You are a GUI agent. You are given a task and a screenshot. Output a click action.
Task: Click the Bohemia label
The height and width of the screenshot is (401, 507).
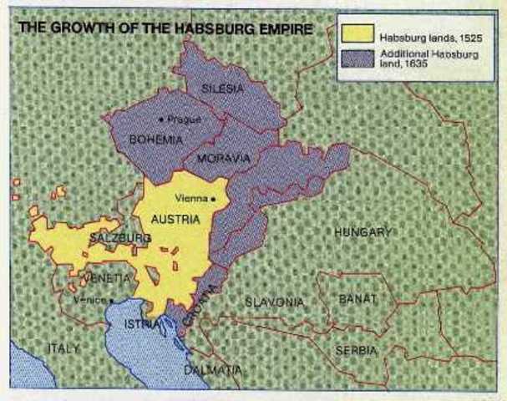click(155, 140)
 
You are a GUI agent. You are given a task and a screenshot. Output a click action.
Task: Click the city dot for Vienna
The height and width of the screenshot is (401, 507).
click(214, 199)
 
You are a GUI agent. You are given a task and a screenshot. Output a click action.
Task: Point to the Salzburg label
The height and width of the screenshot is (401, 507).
click(119, 238)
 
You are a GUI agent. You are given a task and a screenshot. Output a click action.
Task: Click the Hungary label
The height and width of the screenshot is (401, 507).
click(363, 231)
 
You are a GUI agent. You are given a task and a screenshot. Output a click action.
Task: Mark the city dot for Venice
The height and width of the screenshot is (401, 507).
click(110, 299)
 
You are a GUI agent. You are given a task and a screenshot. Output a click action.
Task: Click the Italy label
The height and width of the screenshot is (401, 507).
click(64, 348)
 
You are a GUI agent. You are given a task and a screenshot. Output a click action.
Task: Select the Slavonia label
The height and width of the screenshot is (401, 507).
click(275, 302)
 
